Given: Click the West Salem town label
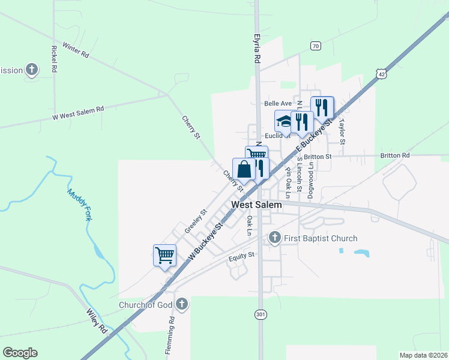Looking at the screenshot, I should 256,205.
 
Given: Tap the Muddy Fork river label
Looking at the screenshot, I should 79,205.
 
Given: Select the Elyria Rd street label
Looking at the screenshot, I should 256,48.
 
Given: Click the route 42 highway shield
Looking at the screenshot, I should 382,73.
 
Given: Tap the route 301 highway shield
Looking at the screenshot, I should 260,314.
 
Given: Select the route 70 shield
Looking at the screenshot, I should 316,46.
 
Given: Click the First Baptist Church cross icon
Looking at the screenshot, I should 275,238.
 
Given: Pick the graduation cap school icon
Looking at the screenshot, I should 283,122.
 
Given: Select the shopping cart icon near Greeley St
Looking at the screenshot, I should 164,255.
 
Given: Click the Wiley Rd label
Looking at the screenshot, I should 96,322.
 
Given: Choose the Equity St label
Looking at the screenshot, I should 242,255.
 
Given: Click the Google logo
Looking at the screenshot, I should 20,353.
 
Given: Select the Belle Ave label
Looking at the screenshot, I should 277,103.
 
